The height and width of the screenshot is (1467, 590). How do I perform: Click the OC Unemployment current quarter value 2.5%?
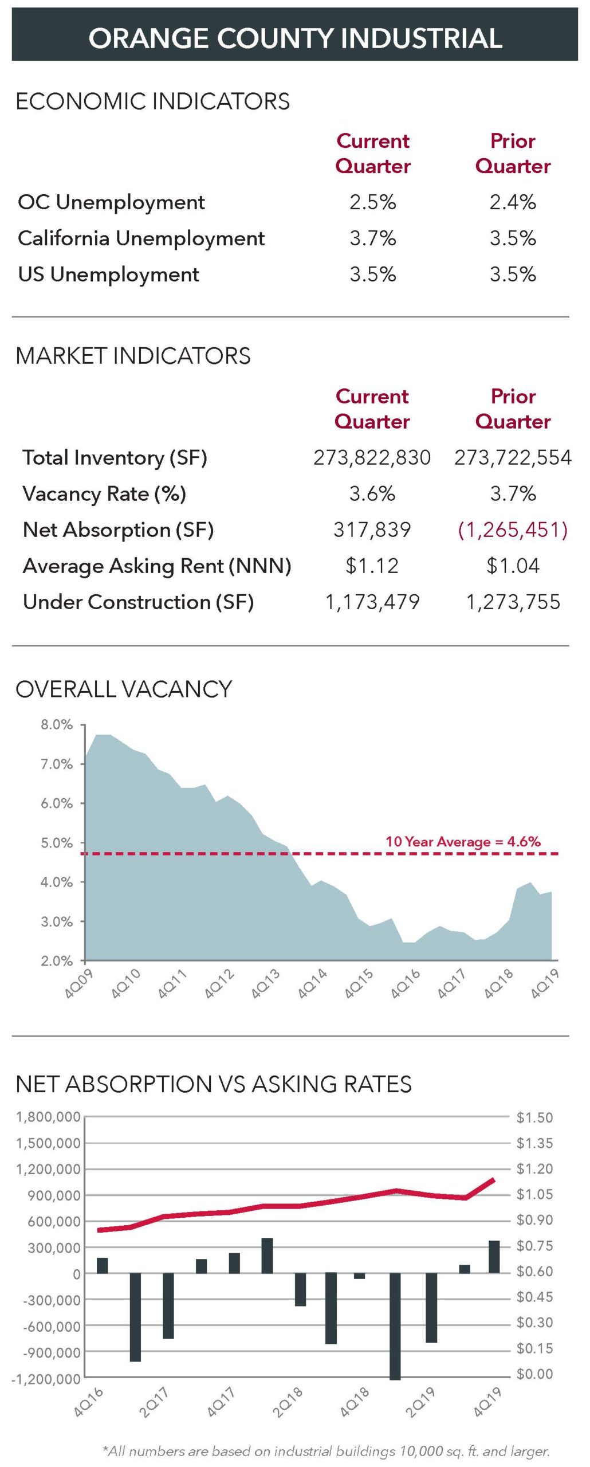coord(372,202)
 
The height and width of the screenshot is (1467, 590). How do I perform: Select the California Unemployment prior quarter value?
coord(512,238)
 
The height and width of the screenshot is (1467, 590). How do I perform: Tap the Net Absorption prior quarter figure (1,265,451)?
coord(512,530)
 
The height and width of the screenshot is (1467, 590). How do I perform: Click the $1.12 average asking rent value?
coord(372,566)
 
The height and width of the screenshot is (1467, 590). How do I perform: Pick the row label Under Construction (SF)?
coord(138,602)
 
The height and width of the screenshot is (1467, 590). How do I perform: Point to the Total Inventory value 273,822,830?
coord(372,458)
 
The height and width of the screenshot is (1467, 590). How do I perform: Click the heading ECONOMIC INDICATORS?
coord(152,101)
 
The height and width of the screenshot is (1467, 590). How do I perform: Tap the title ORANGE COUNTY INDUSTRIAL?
coord(295,38)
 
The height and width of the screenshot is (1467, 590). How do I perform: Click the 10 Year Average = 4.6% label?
coord(462,841)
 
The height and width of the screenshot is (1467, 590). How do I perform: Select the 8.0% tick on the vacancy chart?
coord(56,725)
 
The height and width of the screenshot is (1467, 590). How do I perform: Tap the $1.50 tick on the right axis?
coord(534,1117)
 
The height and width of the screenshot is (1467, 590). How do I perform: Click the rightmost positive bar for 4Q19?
coord(494,1256)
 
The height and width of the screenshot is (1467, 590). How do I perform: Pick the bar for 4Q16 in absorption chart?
coord(103,1265)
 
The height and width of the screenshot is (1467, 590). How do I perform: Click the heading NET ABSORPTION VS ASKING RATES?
coord(214,1085)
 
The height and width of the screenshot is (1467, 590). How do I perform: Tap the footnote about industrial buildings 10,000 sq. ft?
coord(326,1451)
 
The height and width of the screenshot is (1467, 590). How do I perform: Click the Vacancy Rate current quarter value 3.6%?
coord(372,494)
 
